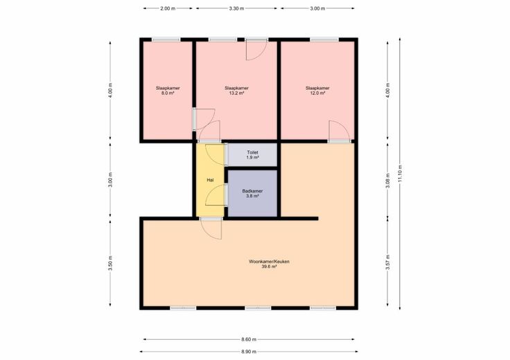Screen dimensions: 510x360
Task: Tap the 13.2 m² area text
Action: click(x=236, y=93)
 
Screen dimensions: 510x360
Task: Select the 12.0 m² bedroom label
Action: click(x=317, y=93)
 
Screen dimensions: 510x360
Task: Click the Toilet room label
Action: click(x=252, y=152)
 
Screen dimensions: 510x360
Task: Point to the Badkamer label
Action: click(x=252, y=191)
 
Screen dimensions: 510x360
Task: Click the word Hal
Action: click(x=210, y=180)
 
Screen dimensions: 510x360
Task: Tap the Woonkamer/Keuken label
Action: click(x=269, y=261)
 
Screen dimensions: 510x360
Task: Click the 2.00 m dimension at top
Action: click(x=168, y=8)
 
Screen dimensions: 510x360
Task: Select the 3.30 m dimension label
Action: click(x=236, y=8)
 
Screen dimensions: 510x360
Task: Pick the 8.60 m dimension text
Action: click(x=249, y=339)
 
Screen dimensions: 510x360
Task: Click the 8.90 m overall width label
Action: click(x=249, y=352)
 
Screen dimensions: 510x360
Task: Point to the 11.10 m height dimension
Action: click(x=400, y=174)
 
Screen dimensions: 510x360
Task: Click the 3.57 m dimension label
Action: click(x=388, y=262)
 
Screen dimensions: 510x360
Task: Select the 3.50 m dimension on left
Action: click(x=110, y=263)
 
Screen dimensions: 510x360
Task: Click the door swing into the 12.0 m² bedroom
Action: click(x=340, y=131)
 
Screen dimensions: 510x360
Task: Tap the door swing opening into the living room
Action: click(x=211, y=229)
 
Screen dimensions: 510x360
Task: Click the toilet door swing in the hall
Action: click(x=216, y=154)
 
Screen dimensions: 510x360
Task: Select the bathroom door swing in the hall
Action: click(x=216, y=195)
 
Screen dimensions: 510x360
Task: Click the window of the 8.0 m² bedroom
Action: click(x=166, y=39)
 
